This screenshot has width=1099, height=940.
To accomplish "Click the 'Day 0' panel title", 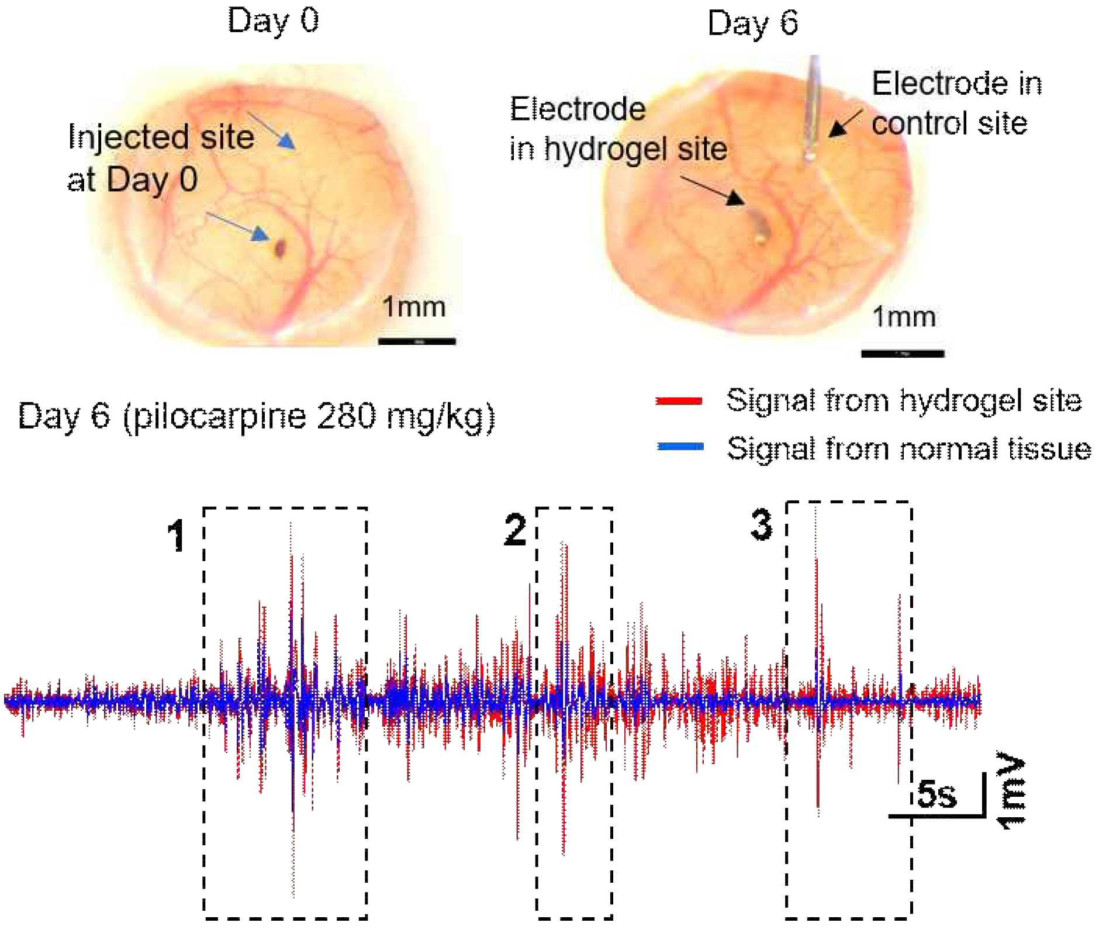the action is [273, 21].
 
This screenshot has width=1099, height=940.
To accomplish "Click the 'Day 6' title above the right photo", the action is [753, 23].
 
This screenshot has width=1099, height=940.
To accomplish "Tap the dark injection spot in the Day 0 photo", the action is [281, 248].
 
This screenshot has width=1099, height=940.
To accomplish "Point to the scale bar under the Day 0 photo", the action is [417, 341].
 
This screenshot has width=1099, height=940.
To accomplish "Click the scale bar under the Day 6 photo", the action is [903, 353].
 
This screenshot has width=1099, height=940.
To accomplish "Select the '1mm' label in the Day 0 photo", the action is [413, 307].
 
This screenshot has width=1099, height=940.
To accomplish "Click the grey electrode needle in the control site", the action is [811, 108].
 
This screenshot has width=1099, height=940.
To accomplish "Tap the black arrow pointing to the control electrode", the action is [845, 123].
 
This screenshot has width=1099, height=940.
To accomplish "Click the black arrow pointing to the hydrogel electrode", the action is [713, 191].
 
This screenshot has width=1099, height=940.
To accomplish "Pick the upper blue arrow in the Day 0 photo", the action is [271, 130].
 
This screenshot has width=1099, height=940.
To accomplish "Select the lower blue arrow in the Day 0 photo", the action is [237, 226].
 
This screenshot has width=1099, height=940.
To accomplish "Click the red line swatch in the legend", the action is [679, 400].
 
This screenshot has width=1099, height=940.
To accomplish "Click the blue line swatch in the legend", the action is [680, 447].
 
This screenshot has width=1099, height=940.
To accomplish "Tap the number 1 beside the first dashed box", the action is [176, 535].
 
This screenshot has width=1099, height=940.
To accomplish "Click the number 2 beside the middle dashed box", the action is [515, 530].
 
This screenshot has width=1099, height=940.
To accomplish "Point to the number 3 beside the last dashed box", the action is [761, 524].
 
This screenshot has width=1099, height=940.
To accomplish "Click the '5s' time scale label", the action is [937, 793].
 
